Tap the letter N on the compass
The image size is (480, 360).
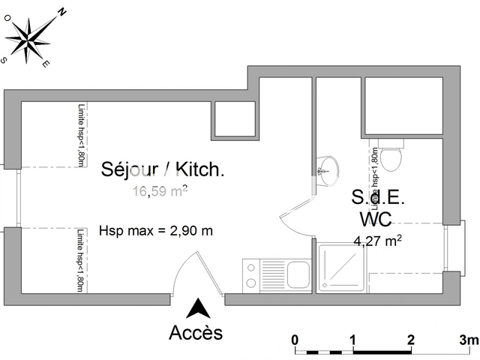pyautogui.click(x=62, y=11)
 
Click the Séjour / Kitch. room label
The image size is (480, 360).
pyautogui.click(x=163, y=170)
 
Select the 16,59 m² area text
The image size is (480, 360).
pyautogui.click(x=160, y=191)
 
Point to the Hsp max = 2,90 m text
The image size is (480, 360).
pyautogui.click(x=155, y=230)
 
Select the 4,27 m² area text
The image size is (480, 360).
pyautogui.click(x=378, y=241)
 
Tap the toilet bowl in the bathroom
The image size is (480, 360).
pyautogui.click(x=391, y=157)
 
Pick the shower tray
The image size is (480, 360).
pyautogui.click(x=342, y=268)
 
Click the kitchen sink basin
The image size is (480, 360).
pyautogui.click(x=298, y=274)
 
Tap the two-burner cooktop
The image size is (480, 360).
pyautogui.click(x=250, y=273)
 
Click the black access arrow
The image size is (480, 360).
pyautogui.click(x=199, y=308)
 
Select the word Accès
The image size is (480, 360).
pyautogui.click(x=196, y=331)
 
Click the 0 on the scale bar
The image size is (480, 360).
pyautogui.click(x=295, y=338)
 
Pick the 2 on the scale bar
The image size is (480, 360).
pyautogui.click(x=410, y=338)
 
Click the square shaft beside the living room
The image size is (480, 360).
pyautogui.click(x=235, y=119)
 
